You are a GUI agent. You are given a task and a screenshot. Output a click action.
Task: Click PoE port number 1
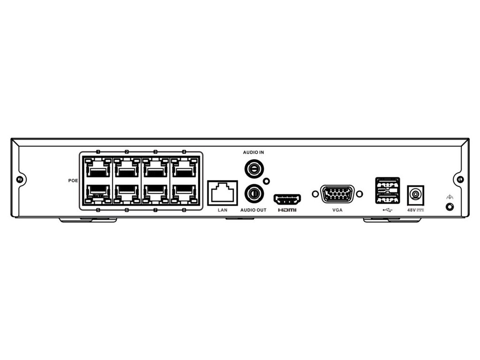(98, 167)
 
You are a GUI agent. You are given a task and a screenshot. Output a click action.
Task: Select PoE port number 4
(184, 167)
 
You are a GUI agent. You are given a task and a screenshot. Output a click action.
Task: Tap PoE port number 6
(127, 193)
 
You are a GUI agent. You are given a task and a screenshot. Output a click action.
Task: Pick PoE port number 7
(156, 193)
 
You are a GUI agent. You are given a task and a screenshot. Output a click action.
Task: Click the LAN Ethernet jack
(223, 192)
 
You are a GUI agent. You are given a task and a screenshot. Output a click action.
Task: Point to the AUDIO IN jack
(254, 167)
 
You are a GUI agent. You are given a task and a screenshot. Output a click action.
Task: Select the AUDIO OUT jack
(254, 192)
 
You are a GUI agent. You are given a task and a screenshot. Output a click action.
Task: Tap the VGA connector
(337, 194)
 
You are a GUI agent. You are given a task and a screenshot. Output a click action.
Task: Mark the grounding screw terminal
(450, 206)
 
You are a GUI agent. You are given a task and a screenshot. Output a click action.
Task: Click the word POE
(73, 180)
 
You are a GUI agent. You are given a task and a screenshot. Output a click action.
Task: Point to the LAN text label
(223, 210)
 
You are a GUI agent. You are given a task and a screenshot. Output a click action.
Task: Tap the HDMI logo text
(287, 210)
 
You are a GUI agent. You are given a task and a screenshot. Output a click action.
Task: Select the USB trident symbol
(387, 210)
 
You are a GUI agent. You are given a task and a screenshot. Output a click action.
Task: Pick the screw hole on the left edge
(19, 180)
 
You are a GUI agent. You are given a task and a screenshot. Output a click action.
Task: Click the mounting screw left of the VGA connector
(315, 194)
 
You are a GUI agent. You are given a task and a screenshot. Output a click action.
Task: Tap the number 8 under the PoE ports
(184, 210)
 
